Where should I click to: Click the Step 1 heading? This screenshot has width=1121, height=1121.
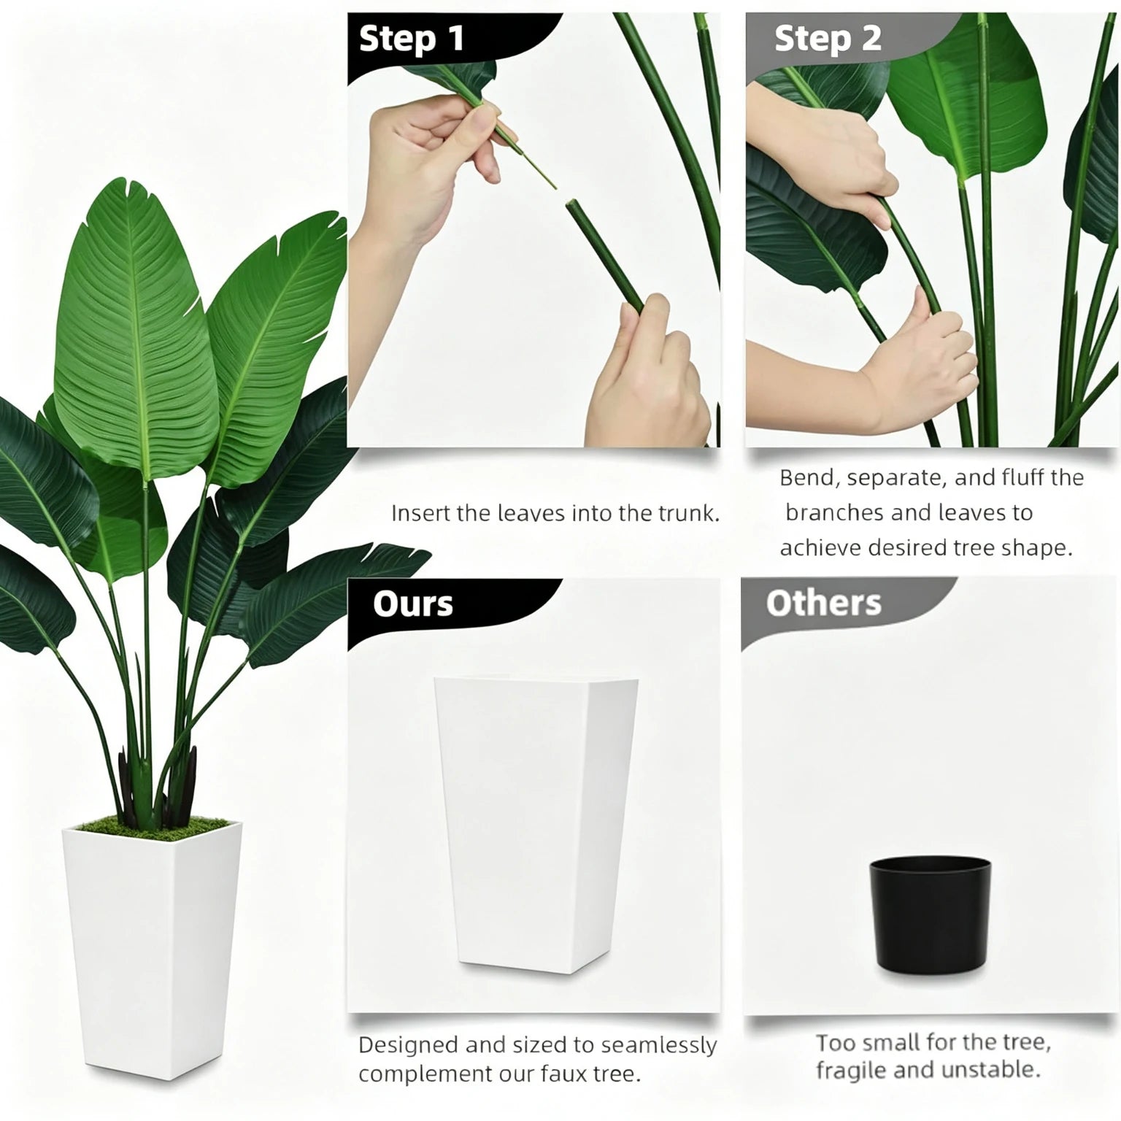pos(412,39)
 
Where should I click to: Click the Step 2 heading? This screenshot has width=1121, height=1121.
pos(828,39)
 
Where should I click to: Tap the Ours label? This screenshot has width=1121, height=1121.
pos(413,604)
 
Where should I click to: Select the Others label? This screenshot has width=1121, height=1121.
pos(824,603)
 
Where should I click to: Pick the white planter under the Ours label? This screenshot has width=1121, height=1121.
pos(536,825)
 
